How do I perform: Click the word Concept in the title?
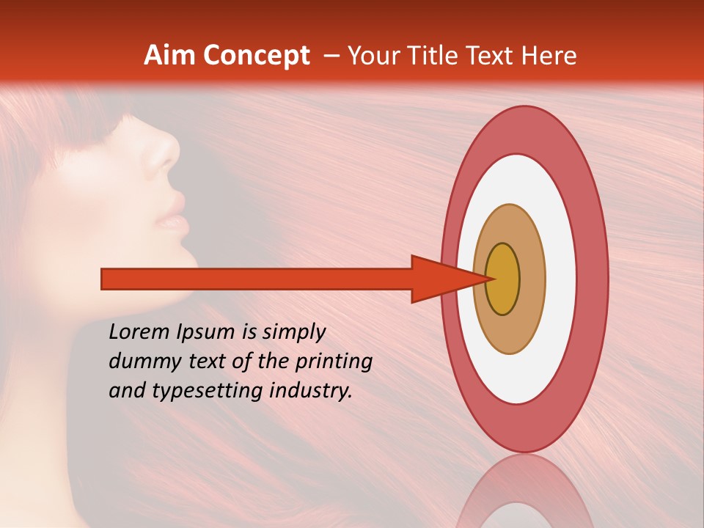256,56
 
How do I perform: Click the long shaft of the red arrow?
257,279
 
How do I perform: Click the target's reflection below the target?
524,491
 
